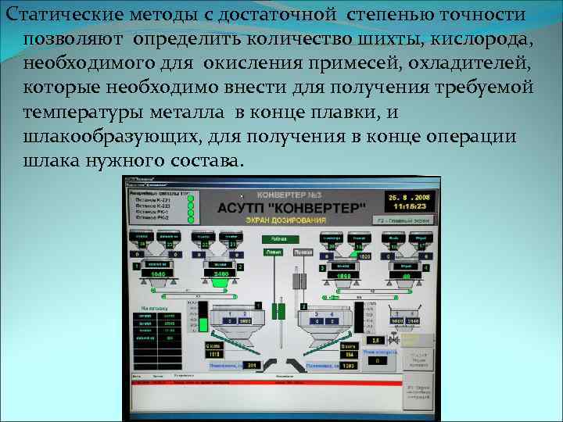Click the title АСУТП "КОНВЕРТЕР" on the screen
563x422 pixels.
coord(290,207)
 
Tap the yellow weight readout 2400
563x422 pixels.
coord(220,275)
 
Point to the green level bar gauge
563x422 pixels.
coord(203,320)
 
